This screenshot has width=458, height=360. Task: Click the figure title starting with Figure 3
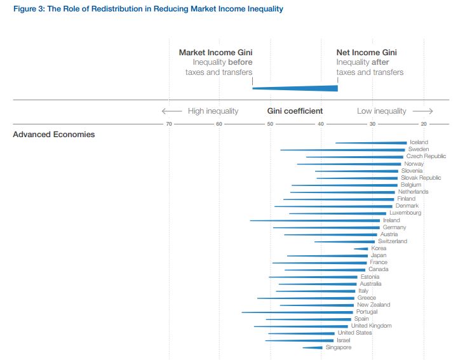coord(147,9)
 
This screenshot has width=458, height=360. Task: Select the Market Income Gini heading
coord(215,53)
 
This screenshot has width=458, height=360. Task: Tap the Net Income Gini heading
coord(367,53)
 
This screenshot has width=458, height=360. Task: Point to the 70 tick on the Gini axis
coord(169,124)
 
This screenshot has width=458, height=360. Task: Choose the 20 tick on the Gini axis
coord(424,124)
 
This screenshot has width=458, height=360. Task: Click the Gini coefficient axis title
coord(295,111)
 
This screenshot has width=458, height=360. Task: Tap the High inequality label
coord(213,111)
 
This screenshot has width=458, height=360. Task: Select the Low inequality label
coord(381,111)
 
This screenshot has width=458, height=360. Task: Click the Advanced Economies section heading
coord(54,135)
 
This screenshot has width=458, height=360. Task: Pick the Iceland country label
coord(419,142)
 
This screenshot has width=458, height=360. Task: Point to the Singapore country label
coord(338,347)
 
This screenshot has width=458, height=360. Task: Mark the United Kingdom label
coord(371,326)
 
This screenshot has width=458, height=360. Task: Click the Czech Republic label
coord(426,156)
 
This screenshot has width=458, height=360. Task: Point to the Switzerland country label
coord(392,241)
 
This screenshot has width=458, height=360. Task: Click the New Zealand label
coord(373,305)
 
